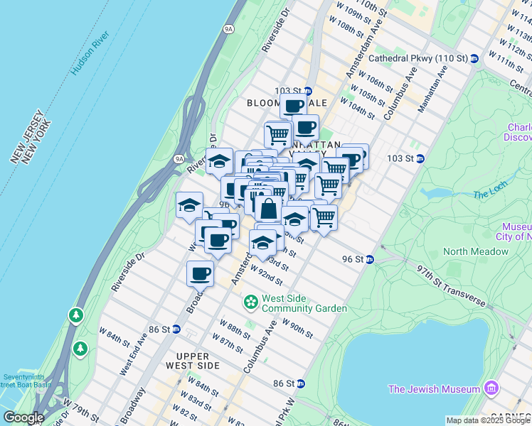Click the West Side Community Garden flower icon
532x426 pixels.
coord(250,302)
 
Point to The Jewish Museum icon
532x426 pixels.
coord(491,388)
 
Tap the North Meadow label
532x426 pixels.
coord(476,251)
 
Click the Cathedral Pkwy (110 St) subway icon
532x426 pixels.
coord(474,58)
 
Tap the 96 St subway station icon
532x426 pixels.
coord(370,259)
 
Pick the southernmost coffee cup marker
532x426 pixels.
coord(201,273)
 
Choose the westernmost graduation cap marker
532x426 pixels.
coord(189,205)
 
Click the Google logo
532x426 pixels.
coord(23,417)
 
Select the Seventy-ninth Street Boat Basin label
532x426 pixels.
coord(26,381)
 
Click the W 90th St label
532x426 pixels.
coord(297,328)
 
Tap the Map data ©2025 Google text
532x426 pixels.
coord(488,420)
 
